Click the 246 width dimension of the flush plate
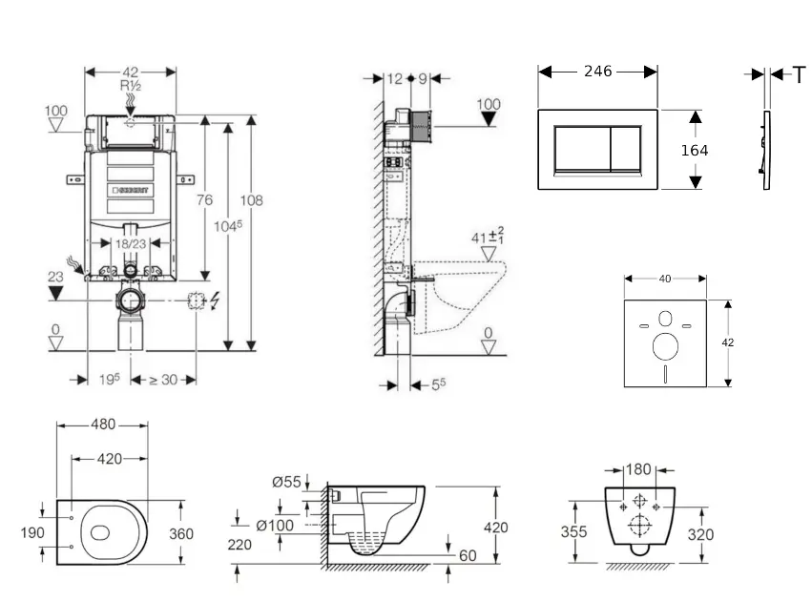[597, 72]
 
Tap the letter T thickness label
[800, 74]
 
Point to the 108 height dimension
[251, 200]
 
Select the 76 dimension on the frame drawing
[203, 200]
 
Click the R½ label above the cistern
[131, 86]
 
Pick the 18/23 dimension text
[131, 244]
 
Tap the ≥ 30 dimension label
[163, 379]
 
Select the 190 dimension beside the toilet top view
[32, 532]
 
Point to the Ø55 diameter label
[286, 483]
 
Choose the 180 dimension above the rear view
[639, 469]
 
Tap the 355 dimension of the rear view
[573, 532]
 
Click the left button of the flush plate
[575, 149]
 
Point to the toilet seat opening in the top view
[101, 531]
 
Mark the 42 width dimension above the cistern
[131, 72]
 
